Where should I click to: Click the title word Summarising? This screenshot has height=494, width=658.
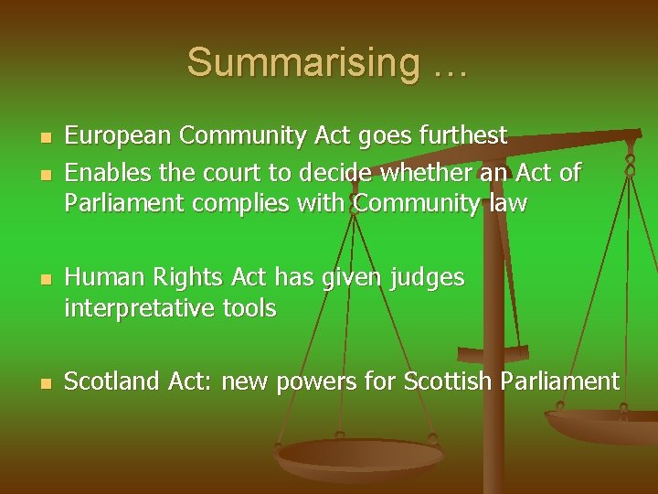302,63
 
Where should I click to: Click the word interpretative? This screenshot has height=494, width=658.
139,308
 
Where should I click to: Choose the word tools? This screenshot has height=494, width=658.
249,308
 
